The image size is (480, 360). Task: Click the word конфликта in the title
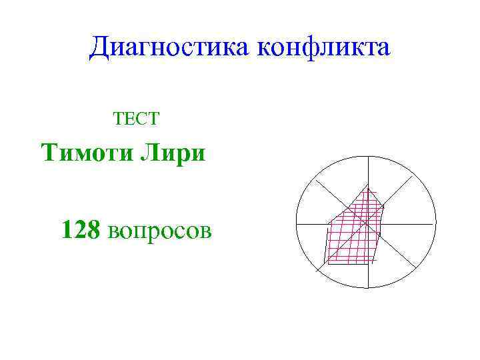(322, 48)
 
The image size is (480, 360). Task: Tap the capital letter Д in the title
(101, 48)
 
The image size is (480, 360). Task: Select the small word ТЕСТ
(136, 119)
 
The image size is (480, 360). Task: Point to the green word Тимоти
(86, 153)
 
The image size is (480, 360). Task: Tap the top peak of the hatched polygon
(367, 183)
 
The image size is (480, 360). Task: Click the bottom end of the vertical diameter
(366, 289)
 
